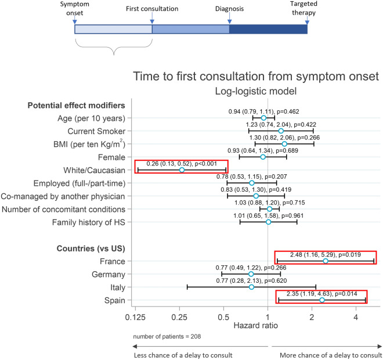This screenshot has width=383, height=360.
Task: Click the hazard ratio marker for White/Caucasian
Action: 182,170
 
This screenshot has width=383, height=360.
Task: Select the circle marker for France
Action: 326,261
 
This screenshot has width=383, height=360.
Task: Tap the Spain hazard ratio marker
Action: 322,300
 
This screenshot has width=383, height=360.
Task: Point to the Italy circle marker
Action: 251,287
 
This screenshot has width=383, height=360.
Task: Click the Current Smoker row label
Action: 96,131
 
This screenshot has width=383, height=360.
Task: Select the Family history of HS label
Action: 88,222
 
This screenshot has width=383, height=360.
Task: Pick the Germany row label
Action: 108,275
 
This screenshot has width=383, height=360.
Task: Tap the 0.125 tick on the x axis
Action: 135,317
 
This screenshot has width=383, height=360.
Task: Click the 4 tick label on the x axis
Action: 356,317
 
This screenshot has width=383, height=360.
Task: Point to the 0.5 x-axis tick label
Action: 223,317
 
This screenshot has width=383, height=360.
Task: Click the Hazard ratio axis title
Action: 255,326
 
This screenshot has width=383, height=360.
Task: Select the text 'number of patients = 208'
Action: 167,337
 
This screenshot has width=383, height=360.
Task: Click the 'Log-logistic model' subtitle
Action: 256,91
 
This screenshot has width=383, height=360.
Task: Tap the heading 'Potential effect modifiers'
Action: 76,105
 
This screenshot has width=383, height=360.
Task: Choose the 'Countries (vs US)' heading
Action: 91,249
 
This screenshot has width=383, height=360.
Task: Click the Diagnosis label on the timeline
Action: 229,9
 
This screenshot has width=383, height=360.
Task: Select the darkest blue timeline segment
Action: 268,29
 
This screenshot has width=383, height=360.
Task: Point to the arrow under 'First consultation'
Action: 152,19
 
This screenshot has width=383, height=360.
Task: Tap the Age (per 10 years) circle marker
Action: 263,118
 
